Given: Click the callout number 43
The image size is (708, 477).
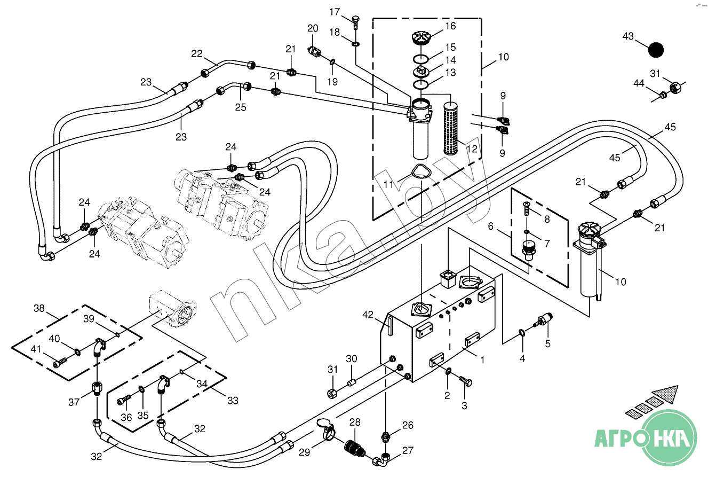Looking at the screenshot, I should pyautogui.click(x=628, y=36).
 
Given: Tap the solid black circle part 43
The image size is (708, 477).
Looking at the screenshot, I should pyautogui.click(x=656, y=50).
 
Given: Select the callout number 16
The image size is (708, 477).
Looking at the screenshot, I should pyautogui.click(x=450, y=26).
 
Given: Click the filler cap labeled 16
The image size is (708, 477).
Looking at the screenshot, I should pyautogui.click(x=421, y=39).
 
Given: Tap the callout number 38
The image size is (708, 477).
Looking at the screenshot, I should pyautogui.click(x=39, y=308).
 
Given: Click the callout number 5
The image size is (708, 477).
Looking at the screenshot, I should pyautogui.click(x=547, y=343).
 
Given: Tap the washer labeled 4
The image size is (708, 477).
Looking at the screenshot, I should pyautogui.click(x=522, y=334).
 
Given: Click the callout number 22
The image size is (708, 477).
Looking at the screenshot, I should pyautogui.click(x=197, y=54).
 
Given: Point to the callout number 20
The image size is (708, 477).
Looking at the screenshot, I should pyautogui.click(x=313, y=28).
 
